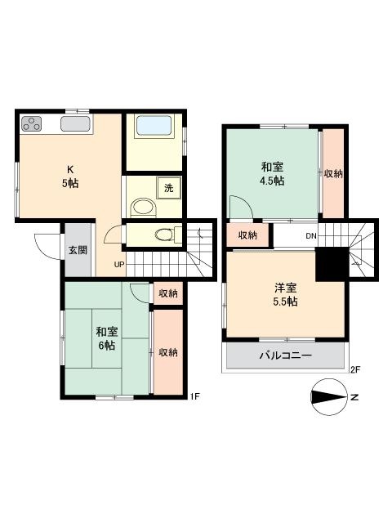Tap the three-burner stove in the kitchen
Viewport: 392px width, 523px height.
coord(33,124)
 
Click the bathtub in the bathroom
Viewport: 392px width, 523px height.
coord(155,127)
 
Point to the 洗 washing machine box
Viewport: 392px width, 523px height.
coord(168,187)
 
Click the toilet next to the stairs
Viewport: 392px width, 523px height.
coord(163,235)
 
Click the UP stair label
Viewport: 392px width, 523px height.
coord(119,264)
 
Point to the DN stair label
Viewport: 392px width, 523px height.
coord(311,235)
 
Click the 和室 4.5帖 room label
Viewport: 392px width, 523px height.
coord(273,174)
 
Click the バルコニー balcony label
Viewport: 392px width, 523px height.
coord(285,356)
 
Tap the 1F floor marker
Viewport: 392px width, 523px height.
coord(194,396)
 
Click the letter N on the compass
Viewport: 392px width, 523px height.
coord(354,398)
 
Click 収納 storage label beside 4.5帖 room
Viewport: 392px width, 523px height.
coord(332,173)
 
